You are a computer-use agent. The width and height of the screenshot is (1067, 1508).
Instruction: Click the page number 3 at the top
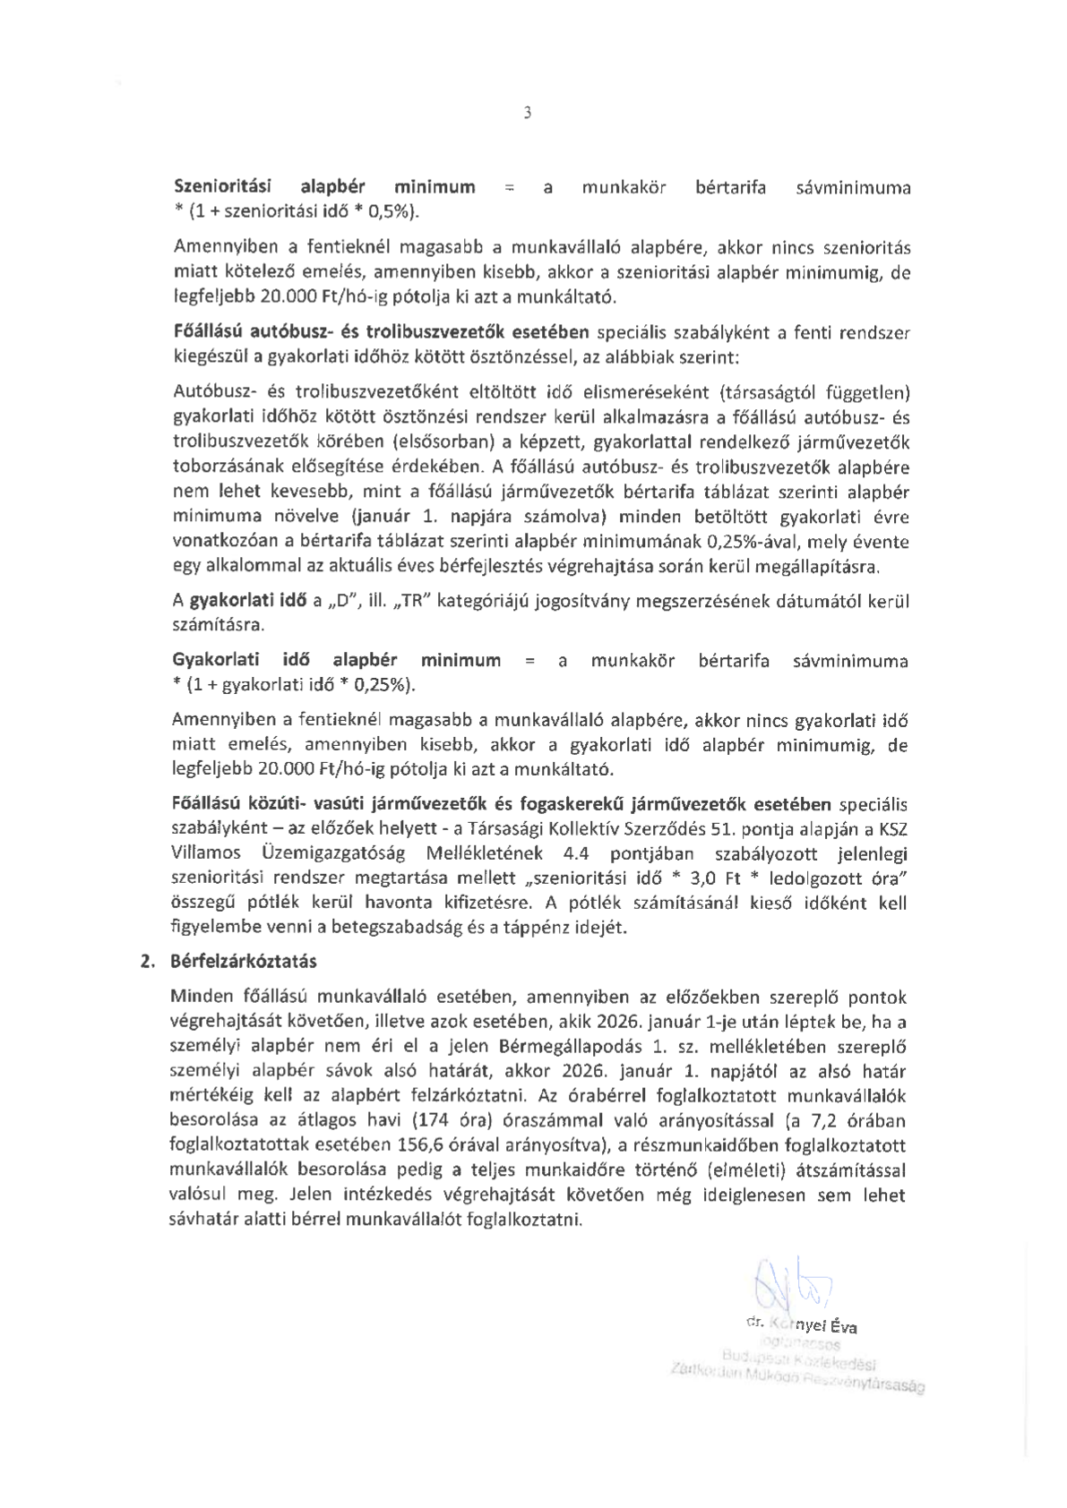pos(527,113)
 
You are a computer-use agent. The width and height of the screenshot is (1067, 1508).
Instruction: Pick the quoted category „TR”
pos(412,601)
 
